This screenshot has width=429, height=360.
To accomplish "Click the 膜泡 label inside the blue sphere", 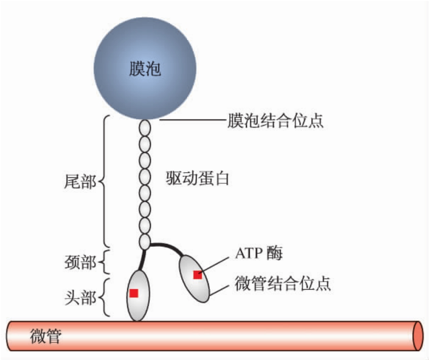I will [145, 69].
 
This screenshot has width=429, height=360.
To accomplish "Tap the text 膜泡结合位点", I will [275, 121].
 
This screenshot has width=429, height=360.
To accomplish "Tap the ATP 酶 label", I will [258, 253].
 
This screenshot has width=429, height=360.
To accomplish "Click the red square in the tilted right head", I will [198, 275].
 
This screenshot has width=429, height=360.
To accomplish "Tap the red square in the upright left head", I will [134, 293].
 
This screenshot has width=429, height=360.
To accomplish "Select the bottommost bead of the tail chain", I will [144, 242].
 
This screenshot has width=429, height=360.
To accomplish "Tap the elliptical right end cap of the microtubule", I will [417, 336].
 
